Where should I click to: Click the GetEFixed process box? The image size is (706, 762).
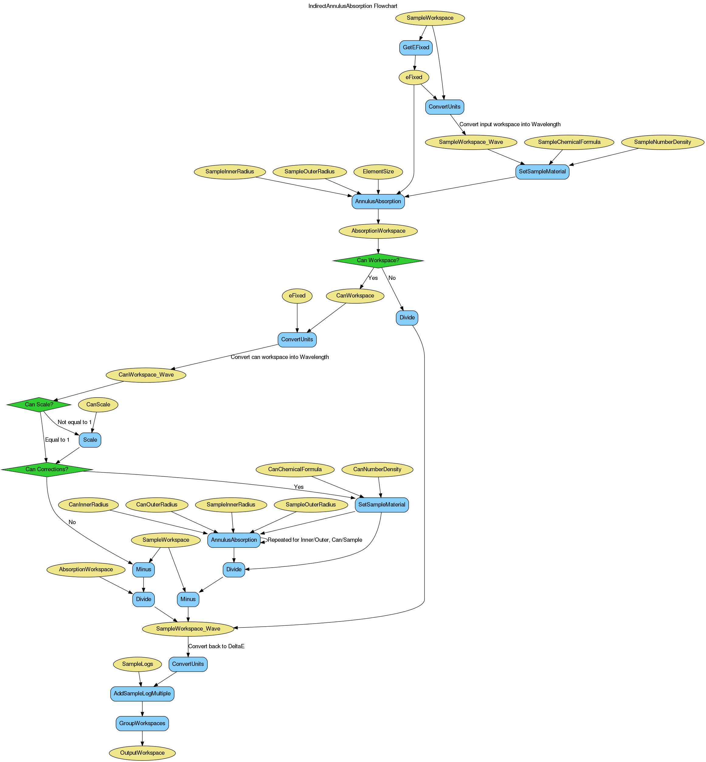point(416,48)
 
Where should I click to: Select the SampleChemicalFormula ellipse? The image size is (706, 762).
point(569,142)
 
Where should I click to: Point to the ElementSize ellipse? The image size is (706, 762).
point(378,172)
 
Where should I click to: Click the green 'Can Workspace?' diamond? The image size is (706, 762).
point(378,260)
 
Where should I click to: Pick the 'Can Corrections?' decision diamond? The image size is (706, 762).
point(47,469)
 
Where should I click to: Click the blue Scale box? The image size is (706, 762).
point(90,440)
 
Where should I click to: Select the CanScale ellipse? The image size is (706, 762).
point(98,404)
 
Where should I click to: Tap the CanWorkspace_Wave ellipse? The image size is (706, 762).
point(146,375)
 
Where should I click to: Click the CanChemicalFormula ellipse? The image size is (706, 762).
point(295,469)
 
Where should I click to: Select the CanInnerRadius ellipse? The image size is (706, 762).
point(89,504)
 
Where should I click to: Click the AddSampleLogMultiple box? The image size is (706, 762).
point(142,694)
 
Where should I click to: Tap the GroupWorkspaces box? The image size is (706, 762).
point(142,723)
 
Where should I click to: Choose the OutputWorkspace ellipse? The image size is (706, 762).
point(142,753)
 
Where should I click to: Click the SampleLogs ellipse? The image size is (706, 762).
point(137,664)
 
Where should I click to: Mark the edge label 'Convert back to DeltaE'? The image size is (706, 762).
point(216,646)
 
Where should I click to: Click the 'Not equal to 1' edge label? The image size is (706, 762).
point(74,422)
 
